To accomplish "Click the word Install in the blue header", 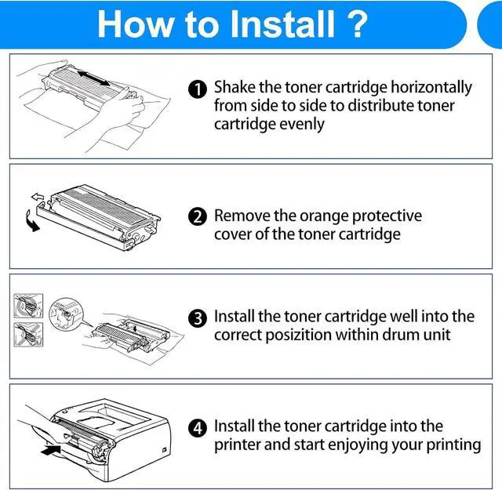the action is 282,24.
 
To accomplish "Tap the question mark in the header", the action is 356,24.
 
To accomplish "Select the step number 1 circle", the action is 198,89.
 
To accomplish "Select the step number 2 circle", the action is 198,216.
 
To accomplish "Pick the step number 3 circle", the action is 198,318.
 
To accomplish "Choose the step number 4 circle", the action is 198,428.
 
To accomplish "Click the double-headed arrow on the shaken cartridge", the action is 94,78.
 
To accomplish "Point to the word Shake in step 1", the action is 235,87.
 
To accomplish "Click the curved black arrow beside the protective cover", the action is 32,221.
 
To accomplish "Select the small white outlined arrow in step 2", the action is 38,196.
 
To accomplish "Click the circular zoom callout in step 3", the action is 66,314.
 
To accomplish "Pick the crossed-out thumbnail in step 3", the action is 28,335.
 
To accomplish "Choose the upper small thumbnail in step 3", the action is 28,306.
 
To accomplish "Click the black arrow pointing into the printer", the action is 51,449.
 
